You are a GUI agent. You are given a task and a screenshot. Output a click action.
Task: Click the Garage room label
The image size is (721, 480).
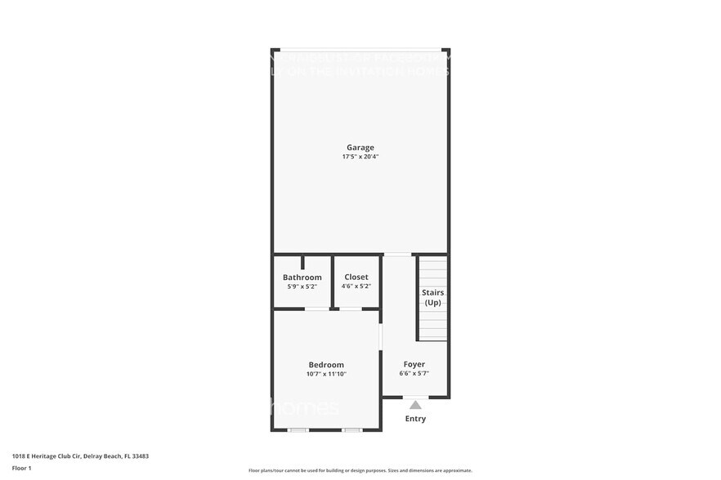click(360, 148)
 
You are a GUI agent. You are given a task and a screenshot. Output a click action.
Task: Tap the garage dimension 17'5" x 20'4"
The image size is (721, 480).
click(360, 157)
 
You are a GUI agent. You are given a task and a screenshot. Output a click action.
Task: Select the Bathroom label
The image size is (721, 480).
click(302, 278)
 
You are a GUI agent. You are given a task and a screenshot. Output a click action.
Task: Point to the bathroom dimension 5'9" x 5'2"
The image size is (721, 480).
click(302, 287)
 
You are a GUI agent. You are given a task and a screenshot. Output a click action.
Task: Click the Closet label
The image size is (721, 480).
click(356, 278)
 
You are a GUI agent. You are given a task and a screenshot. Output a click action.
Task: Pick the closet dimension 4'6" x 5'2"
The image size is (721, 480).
click(356, 287)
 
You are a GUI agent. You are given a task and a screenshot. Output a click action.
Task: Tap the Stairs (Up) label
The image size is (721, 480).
click(432, 297)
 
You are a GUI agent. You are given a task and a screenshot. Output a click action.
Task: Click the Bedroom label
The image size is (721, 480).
click(326, 365)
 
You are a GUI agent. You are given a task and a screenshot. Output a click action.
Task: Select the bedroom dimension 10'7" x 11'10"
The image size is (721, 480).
click(326, 374)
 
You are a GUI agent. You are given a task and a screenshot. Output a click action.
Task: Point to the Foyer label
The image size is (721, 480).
click(414, 364)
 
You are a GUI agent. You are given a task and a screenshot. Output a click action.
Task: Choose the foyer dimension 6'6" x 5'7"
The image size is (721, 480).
click(414, 373)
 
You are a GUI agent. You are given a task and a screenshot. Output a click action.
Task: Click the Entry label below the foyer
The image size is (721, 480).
click(415, 419)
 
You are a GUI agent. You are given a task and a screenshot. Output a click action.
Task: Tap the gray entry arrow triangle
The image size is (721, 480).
click(415, 405)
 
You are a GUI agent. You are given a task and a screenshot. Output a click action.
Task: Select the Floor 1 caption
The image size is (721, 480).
click(21, 468)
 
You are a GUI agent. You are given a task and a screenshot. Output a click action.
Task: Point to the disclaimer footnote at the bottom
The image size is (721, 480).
click(360, 470)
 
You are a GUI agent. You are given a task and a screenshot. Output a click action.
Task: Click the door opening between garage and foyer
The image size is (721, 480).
click(397, 254)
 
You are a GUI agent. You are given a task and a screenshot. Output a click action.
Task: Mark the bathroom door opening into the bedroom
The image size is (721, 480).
click(316, 309)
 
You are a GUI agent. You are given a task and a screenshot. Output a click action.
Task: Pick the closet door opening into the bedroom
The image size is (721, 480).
click(351, 309)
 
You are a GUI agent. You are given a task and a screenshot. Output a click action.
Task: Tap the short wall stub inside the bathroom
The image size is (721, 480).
click(302, 262)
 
